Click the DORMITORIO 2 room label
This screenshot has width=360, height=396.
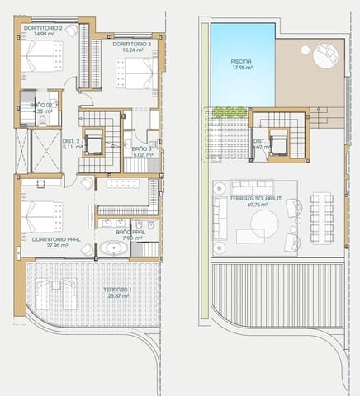click(x=43, y=29)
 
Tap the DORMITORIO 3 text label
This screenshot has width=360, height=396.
click(x=130, y=43)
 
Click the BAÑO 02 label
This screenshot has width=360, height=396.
click(x=42, y=106)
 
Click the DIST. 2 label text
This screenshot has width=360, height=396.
click(x=71, y=141)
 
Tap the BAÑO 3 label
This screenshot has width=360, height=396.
click(x=142, y=148)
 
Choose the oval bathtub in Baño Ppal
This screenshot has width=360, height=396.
click(x=111, y=250)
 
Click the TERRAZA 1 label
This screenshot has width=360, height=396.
click(x=117, y=290)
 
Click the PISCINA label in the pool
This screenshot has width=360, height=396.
click(x=242, y=61)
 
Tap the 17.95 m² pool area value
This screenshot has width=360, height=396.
click(x=242, y=68)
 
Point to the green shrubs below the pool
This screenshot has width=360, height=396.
click(x=228, y=111)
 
